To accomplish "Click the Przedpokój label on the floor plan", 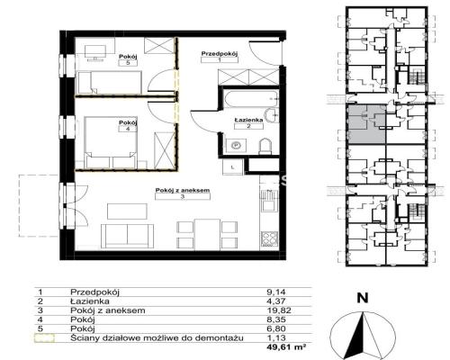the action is pos(220,54).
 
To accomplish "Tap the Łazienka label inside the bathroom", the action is pos(248,120).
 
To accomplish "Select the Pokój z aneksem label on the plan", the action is pos(183,190).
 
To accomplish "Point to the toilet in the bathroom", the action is pos(265,147).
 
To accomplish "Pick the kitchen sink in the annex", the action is pos(268,201).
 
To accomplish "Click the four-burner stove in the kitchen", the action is pos(269,239).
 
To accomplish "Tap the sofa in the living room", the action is pos(127,236).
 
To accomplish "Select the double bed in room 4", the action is pos(112,142).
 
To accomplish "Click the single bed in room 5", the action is pos(110,82).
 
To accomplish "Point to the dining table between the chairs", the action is pos(207,234).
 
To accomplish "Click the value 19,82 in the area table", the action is pos(279,310).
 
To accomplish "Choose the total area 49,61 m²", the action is pos(286,347).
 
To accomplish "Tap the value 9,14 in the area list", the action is pos(276,292).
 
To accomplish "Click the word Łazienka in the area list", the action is pos(90,301).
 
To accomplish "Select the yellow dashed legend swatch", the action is pos(44,338).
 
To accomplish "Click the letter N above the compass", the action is pos(363,298).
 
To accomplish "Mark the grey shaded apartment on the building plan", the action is pos(366,123).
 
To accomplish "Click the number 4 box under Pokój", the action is pos(128,129).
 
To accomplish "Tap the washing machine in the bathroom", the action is pos(237,146).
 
